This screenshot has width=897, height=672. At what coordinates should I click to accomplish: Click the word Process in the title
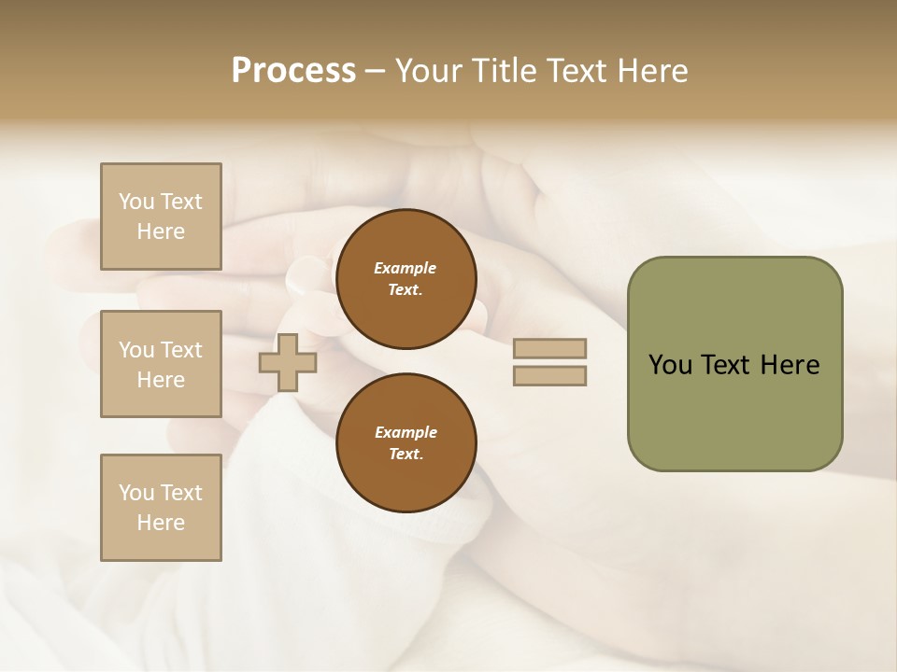(x=293, y=71)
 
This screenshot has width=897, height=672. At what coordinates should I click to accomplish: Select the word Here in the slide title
(x=651, y=71)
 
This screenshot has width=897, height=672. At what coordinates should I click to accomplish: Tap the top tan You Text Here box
(x=161, y=217)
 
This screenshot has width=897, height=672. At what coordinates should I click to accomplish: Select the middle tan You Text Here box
(x=161, y=364)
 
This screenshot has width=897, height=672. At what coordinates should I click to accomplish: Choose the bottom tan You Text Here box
(x=161, y=508)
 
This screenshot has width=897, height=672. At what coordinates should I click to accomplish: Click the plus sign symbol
(x=287, y=363)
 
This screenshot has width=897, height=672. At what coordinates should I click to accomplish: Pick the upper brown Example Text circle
(x=406, y=279)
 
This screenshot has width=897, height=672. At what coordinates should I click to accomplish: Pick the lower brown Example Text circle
(x=406, y=442)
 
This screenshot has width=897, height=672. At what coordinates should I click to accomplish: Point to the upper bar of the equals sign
(x=549, y=349)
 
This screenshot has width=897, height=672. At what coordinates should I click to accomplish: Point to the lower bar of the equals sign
(x=549, y=376)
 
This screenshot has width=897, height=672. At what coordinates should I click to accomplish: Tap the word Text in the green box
(x=727, y=365)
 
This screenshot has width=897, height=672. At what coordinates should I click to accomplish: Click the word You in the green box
(x=671, y=365)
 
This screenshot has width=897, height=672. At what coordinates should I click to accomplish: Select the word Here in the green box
(x=790, y=365)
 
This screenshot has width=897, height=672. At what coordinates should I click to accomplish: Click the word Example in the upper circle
(x=406, y=269)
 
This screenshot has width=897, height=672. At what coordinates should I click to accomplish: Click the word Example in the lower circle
(x=406, y=432)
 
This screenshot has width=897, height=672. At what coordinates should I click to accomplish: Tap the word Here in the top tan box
(x=161, y=231)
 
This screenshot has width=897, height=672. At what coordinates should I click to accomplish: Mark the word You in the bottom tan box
(x=136, y=493)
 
